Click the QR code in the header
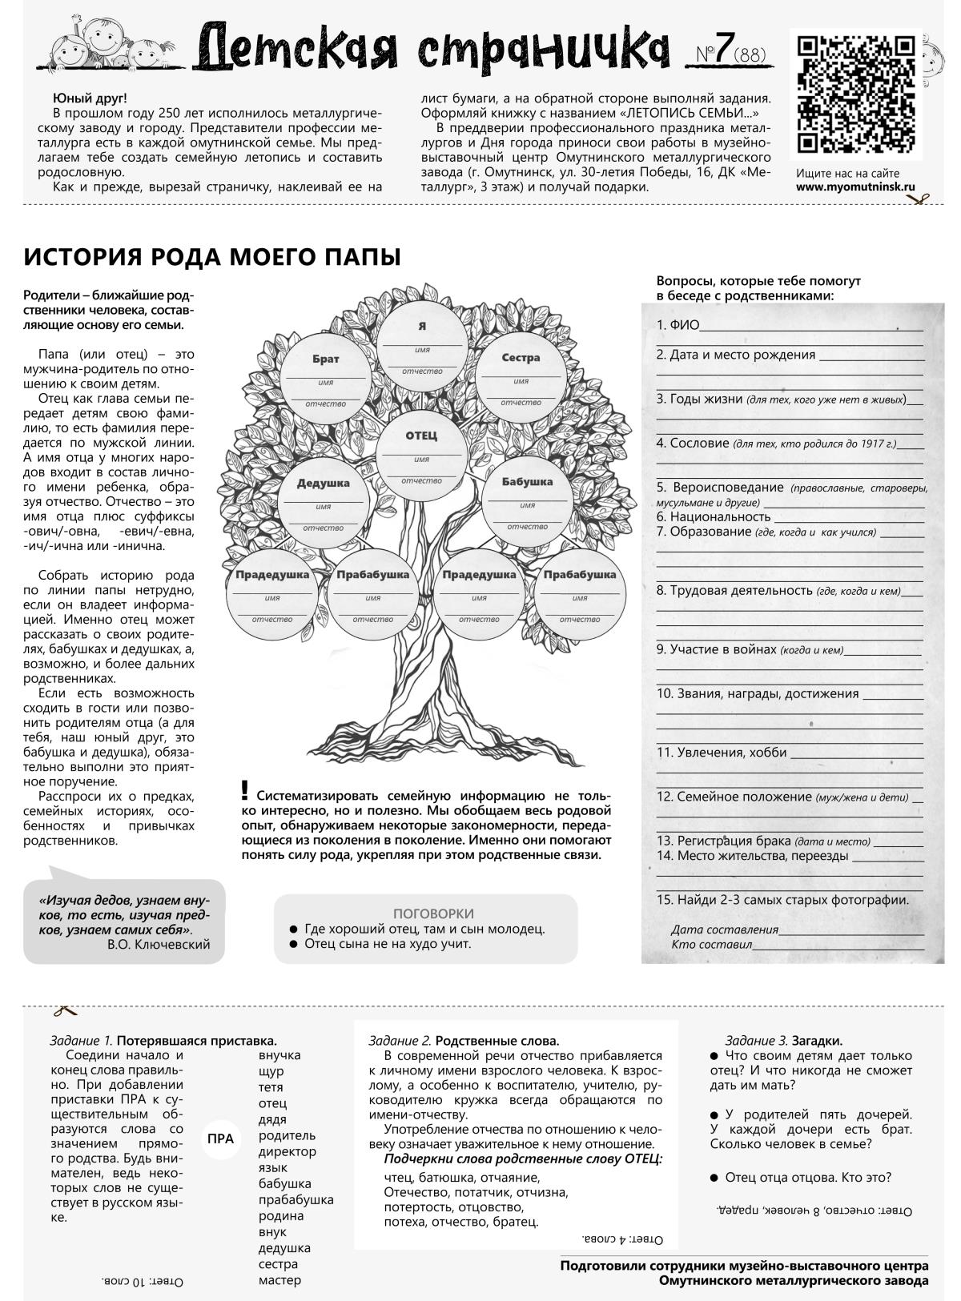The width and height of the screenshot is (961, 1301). pyautogui.click(x=854, y=94)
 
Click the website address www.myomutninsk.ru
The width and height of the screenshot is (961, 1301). pyautogui.click(x=854, y=187)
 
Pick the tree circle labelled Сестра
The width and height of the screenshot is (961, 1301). pyautogui.click(x=521, y=372)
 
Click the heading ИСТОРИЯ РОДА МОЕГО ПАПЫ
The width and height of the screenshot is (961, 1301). pyautogui.click(x=212, y=257)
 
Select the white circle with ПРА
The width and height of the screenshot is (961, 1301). pyautogui.click(x=220, y=1138)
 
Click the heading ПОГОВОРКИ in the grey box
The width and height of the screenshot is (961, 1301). pyautogui.click(x=433, y=914)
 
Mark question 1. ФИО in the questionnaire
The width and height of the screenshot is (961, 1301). pyautogui.click(x=678, y=325)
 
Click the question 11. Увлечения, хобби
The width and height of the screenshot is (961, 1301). pyautogui.click(x=722, y=753)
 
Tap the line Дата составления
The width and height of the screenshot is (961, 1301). pyautogui.click(x=725, y=930)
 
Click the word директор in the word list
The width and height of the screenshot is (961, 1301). pyautogui.click(x=287, y=1151)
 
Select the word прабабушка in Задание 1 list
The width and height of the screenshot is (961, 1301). pyautogui.click(x=296, y=1199)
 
